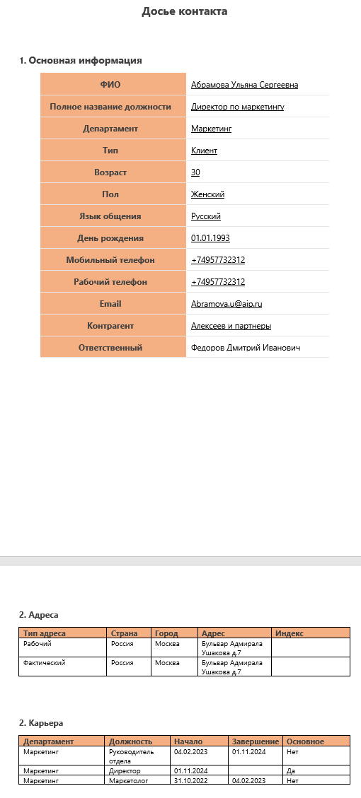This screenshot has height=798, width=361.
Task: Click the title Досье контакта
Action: (185, 11)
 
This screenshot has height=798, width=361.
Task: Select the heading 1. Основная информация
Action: (81, 60)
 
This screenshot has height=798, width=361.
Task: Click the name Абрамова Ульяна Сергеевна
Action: (244, 85)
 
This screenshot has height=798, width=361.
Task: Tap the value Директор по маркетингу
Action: (237, 107)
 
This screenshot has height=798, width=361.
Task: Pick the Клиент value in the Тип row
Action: (204, 151)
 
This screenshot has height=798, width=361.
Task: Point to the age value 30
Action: (195, 172)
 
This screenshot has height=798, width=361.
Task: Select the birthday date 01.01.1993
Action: (210, 238)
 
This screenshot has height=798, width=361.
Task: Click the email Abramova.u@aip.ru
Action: (227, 304)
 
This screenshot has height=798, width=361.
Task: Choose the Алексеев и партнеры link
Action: (231, 326)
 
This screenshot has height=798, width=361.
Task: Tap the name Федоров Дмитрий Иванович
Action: (246, 348)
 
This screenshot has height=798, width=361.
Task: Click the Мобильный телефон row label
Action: (110, 260)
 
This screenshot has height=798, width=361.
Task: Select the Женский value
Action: (207, 194)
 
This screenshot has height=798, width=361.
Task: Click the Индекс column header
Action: (289, 633)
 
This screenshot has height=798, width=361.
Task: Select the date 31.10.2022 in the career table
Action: (190, 780)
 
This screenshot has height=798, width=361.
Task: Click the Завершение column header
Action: (255, 741)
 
